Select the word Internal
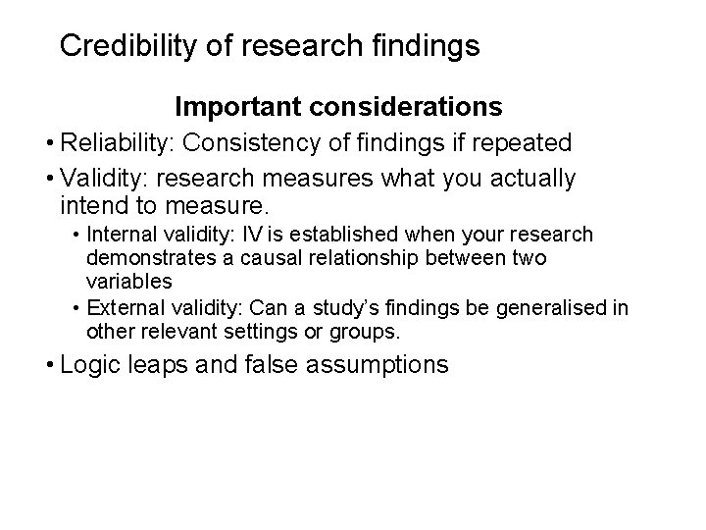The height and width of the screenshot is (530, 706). click(x=119, y=236)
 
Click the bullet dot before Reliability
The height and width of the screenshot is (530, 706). click(x=47, y=144)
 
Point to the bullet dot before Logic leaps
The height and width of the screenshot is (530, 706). click(x=47, y=367)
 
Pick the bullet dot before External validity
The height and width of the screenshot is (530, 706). click(x=76, y=309)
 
